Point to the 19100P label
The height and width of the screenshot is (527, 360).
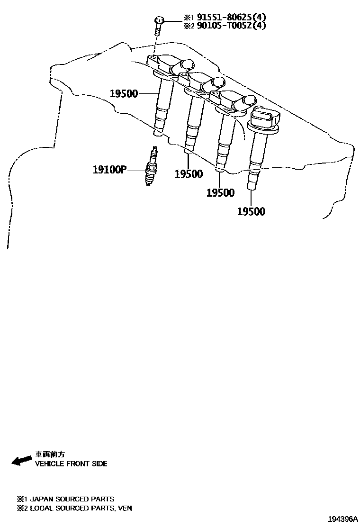110,169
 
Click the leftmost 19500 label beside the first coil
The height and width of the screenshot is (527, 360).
124,93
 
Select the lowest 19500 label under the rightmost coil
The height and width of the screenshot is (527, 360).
251,211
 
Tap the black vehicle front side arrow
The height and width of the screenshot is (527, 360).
21,461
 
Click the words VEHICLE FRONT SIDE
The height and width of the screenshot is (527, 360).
71,463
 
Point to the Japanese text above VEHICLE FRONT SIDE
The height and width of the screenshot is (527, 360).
50,454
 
